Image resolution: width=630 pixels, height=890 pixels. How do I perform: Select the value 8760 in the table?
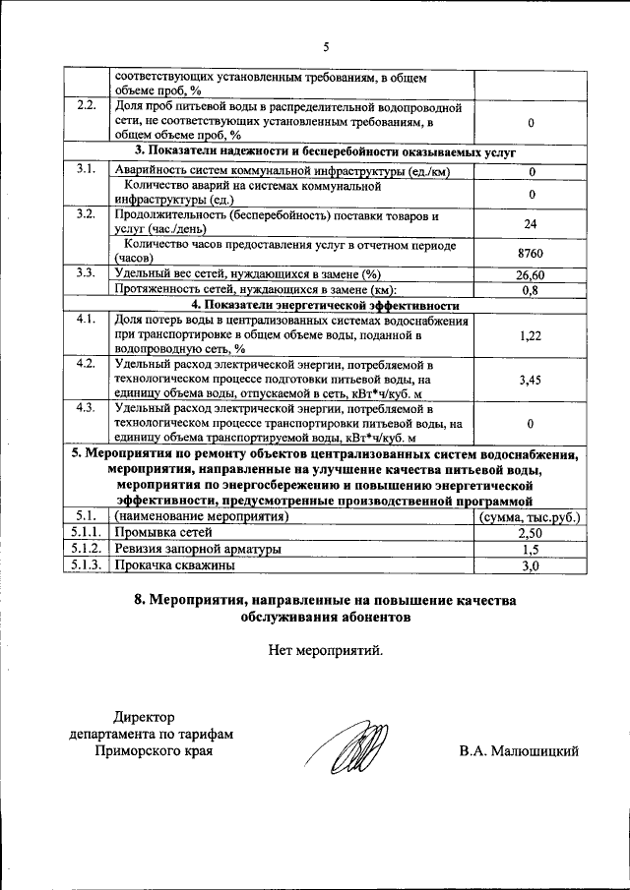click(530, 254)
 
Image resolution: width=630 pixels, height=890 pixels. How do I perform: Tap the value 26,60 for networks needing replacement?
click(530, 275)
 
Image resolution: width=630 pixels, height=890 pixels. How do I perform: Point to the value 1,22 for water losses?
click(530, 335)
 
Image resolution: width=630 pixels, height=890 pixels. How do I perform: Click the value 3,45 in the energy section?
click(530, 380)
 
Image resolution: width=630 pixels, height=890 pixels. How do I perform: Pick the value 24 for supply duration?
click(530, 223)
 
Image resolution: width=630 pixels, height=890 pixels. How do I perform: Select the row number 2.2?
click(85, 106)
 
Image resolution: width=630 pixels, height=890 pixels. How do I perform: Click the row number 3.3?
click(85, 274)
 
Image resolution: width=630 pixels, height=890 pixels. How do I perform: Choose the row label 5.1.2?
click(85, 549)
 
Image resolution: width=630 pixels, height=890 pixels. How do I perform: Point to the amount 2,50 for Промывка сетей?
click(530, 532)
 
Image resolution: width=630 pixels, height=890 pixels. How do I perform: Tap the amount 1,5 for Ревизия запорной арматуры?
click(530, 549)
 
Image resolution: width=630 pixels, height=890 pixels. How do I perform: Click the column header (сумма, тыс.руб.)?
click(530, 516)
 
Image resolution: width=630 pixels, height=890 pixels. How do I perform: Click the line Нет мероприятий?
click(325, 649)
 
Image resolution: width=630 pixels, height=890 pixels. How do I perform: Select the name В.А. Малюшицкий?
click(518, 751)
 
